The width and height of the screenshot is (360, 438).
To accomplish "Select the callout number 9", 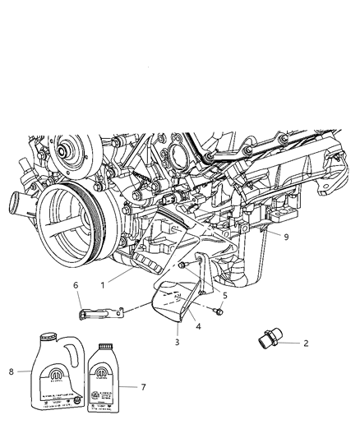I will [x=286, y=237].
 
